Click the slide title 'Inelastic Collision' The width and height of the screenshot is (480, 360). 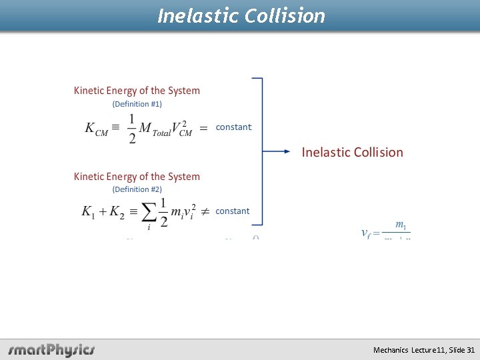tap(241, 15)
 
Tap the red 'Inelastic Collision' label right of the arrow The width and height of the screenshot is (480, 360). tap(352, 152)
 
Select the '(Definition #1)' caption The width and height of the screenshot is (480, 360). tap(137, 104)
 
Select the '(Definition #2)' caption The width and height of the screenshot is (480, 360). tap(137, 189)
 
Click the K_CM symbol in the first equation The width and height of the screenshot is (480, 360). tap(96, 128)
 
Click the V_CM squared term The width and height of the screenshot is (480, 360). tap(181, 127)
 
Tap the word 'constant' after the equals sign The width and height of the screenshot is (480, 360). tap(233, 127)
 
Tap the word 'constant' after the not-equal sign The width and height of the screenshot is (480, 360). tap(232, 211)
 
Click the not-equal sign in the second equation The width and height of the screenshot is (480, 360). tap(205, 211)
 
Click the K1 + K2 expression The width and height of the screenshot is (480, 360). tap(102, 212)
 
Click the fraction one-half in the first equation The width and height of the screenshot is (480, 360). tap(131, 128)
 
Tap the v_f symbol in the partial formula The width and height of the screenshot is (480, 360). tap(366, 233)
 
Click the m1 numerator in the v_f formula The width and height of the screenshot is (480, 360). tap(401, 225)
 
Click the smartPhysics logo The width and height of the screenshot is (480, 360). tap(51, 349)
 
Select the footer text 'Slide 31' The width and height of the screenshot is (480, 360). tap(461, 350)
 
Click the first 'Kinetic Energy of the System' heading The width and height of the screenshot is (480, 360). tap(137, 91)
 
